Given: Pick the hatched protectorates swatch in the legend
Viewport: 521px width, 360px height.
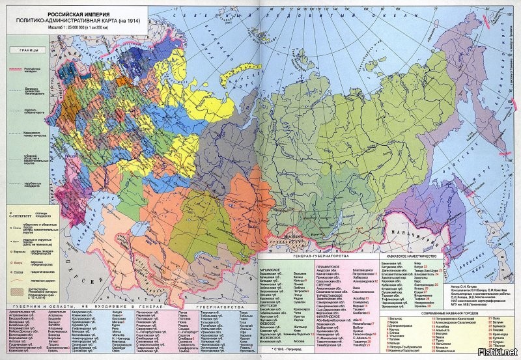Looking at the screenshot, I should (17, 290).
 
